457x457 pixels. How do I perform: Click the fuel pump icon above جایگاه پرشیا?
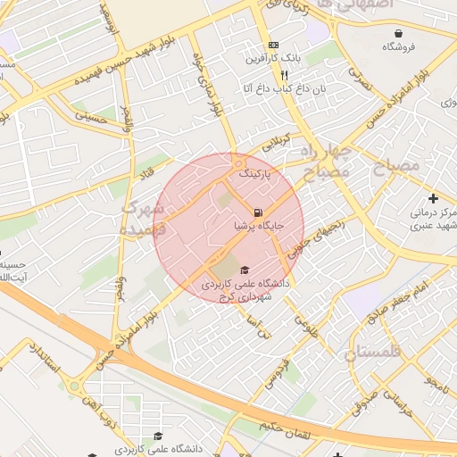coord(259,212)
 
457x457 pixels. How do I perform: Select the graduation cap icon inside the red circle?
coord(244,270)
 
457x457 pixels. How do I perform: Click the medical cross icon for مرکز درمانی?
coord(434,198)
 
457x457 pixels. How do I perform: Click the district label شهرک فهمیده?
coord(144,217)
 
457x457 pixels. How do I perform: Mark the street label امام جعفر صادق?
coord(412,293)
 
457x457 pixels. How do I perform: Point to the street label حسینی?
coord(93,115)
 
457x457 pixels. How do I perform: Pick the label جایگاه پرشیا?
coord(266,227)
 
